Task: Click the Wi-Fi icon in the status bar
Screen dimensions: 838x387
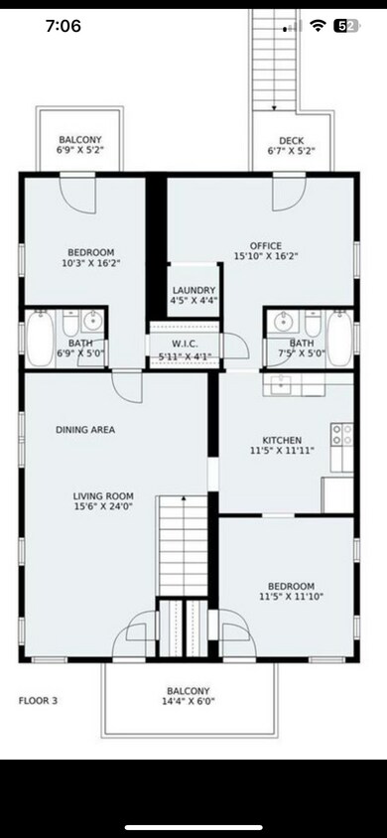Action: pyautogui.click(x=318, y=27)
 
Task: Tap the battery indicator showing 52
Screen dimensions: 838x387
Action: pyautogui.click(x=345, y=27)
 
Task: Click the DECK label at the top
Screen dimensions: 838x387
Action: pyautogui.click(x=291, y=140)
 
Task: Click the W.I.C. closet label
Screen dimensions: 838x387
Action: pyautogui.click(x=183, y=343)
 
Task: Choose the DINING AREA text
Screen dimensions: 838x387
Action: pyautogui.click(x=84, y=430)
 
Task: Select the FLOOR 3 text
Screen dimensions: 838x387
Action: pyautogui.click(x=38, y=700)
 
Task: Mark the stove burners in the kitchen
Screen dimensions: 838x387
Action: pyautogui.click(x=342, y=434)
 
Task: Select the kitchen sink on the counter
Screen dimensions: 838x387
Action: pyautogui.click(x=278, y=383)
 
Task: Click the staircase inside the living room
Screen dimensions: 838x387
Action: pyautogui.click(x=183, y=546)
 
